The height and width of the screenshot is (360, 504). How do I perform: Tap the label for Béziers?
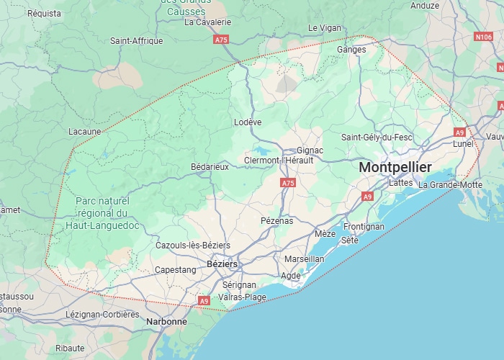[x=222, y=264]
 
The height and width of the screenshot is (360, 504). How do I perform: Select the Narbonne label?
[x=166, y=322]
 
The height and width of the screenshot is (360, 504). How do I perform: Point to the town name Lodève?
[x=248, y=122]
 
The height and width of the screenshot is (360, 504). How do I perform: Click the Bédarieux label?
[x=210, y=166]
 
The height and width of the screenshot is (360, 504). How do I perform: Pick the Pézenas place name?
[x=276, y=221]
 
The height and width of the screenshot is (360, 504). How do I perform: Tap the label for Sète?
[x=349, y=240]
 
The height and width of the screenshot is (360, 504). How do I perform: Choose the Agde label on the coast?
[x=291, y=276]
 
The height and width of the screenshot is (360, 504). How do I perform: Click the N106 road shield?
[x=484, y=36]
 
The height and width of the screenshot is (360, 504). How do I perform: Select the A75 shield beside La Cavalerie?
[x=221, y=40]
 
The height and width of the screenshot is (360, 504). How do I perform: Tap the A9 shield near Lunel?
[x=460, y=132]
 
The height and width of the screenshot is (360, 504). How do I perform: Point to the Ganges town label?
[x=351, y=50]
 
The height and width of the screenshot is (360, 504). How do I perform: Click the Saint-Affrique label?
[x=137, y=41]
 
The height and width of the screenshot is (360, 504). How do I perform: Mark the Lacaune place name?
[x=84, y=132]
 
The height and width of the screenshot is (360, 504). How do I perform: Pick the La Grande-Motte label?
[x=451, y=184]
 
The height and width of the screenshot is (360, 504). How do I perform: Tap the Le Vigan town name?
[x=325, y=27]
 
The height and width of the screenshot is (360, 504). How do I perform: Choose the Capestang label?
[x=176, y=270]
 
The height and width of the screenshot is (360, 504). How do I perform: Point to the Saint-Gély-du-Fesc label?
[x=377, y=137]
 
